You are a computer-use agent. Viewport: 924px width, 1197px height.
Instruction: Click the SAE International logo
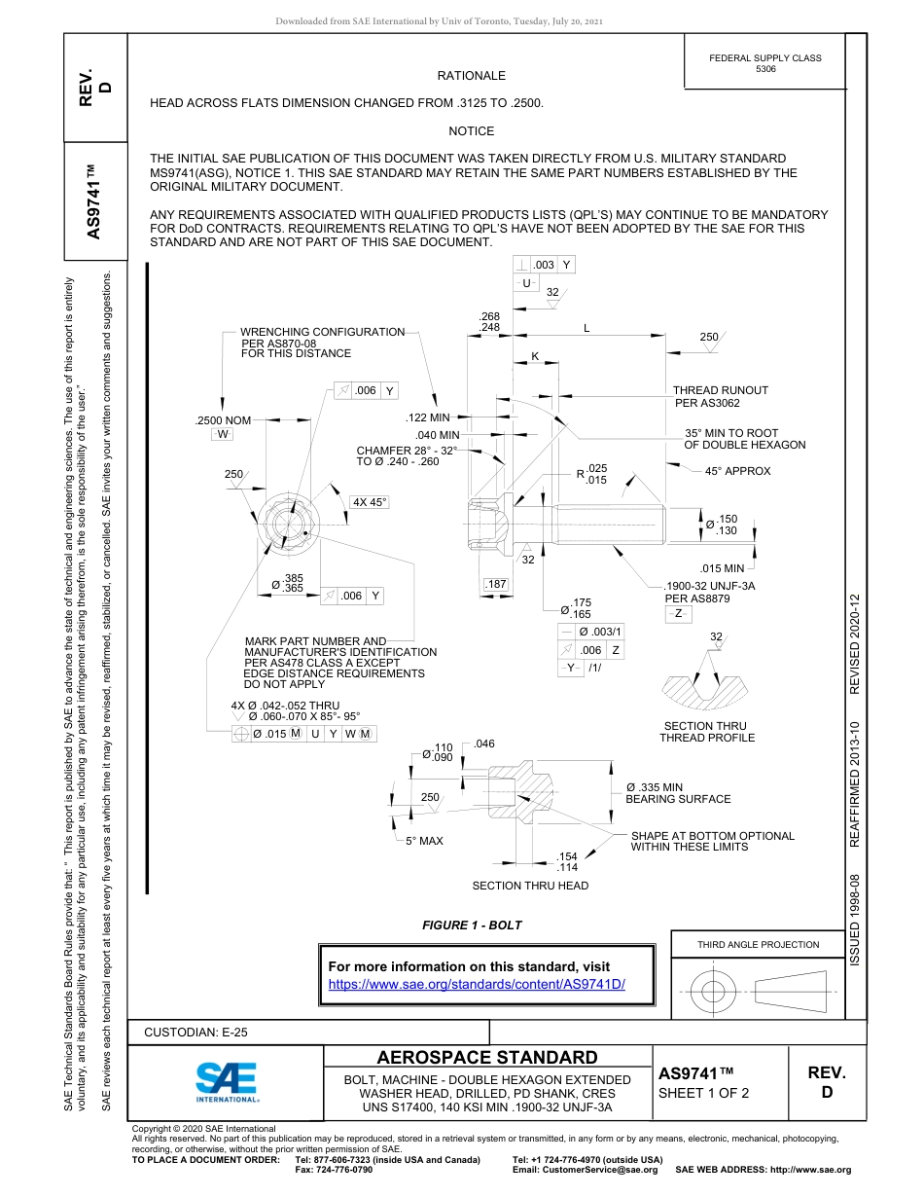(226, 1081)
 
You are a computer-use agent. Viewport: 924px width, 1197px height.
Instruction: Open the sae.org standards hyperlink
(477, 984)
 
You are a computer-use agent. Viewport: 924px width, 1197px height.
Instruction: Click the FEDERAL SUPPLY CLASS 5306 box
(764, 63)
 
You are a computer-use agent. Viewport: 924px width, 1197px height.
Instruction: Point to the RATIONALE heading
(471, 75)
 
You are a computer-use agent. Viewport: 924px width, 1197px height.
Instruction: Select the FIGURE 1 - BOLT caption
(472, 925)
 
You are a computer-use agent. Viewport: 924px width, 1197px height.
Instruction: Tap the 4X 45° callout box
(370, 502)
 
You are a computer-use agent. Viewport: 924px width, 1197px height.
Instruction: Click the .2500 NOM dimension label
(224, 419)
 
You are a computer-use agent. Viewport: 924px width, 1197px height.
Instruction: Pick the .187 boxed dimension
(496, 584)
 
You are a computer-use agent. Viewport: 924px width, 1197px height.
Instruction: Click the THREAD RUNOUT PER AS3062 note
(720, 396)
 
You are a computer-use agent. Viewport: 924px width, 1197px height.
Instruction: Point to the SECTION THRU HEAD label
(530, 886)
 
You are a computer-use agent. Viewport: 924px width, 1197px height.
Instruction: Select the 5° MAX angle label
(424, 841)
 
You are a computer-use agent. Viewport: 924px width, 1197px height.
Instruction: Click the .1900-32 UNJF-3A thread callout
(709, 586)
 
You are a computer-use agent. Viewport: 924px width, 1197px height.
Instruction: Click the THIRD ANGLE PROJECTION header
(758, 944)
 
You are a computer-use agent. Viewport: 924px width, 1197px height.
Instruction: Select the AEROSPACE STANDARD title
(487, 1058)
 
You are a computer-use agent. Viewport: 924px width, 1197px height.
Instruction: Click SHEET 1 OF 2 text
(703, 1093)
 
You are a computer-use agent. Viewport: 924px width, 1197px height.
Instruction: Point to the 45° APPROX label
(737, 471)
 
